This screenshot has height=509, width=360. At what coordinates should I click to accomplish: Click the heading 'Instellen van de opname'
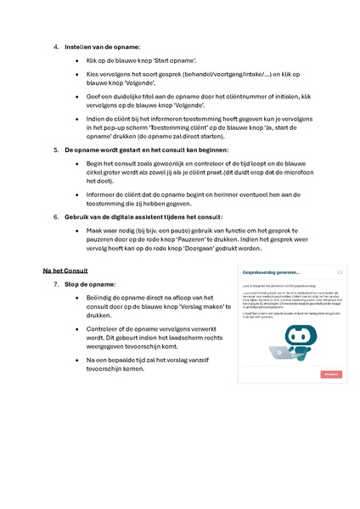pos(103,47)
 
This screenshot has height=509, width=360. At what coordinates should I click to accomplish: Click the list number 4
pos(56,47)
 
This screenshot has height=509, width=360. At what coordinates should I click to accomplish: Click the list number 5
pos(56,148)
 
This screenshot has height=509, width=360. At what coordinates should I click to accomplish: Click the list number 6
pos(56,216)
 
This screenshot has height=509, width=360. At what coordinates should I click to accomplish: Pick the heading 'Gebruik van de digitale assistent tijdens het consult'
pos(143,216)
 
